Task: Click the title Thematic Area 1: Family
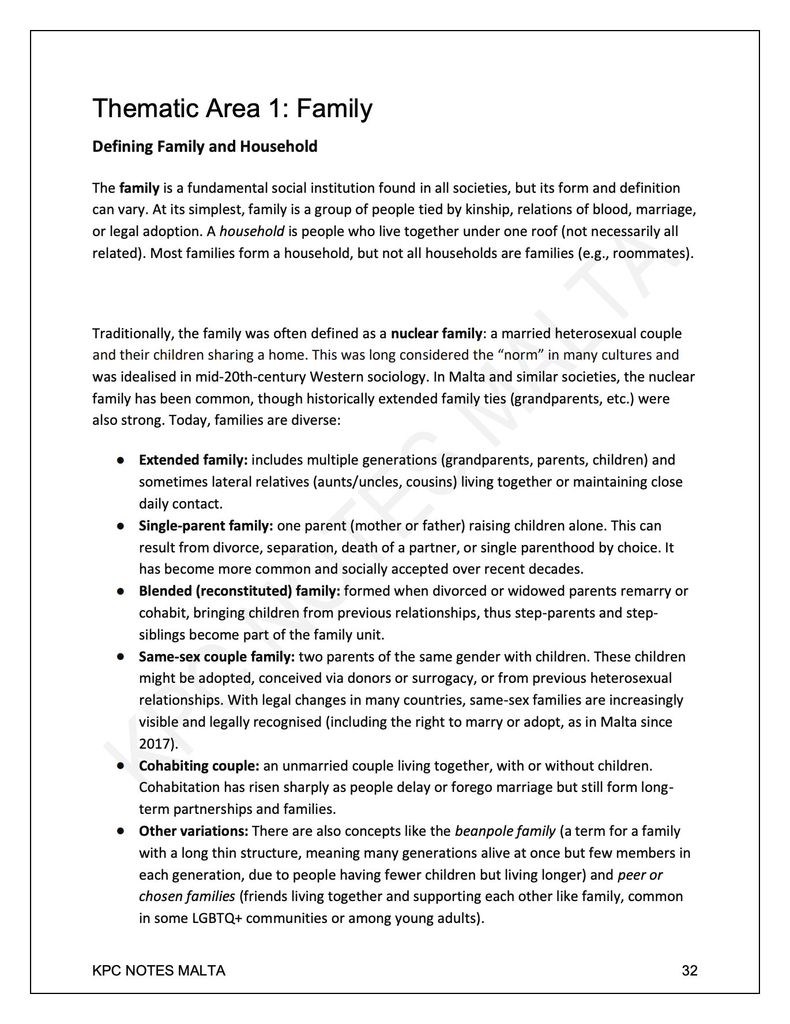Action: pyautogui.click(x=232, y=109)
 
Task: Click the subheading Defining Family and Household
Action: pyautogui.click(x=205, y=147)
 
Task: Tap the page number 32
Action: pyautogui.click(x=689, y=970)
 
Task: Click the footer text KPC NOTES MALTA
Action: pyautogui.click(x=159, y=970)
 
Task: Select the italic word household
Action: pyautogui.click(x=252, y=231)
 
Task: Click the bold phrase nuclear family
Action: pyautogui.click(x=437, y=334)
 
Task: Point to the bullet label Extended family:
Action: pyautogui.click(x=193, y=460)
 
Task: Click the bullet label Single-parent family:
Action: pyautogui.click(x=206, y=526)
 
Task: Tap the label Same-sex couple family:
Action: pyautogui.click(x=217, y=657)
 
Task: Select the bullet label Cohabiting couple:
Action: pyautogui.click(x=199, y=766)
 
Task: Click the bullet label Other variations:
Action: pyautogui.click(x=193, y=831)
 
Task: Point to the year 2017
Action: pyautogui.click(x=155, y=744)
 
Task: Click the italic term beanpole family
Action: pyautogui.click(x=505, y=831)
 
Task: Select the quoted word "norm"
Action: pyautogui.click(x=521, y=355)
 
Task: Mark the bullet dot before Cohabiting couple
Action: pyautogui.click(x=121, y=766)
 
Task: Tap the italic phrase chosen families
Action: pyautogui.click(x=187, y=896)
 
